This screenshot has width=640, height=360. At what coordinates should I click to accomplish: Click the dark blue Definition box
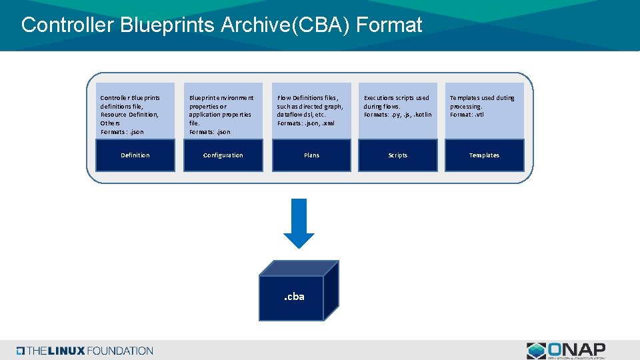[135, 155]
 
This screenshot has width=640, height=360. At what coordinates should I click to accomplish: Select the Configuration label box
[223, 155]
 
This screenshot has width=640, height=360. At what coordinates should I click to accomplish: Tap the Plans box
[311, 155]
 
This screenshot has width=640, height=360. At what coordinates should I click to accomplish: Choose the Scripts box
[398, 155]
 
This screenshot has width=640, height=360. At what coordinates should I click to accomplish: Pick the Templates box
[484, 155]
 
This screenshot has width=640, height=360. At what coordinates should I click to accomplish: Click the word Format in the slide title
[389, 25]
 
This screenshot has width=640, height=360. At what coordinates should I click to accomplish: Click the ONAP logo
[566, 351]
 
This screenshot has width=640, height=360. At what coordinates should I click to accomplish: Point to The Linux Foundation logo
[85, 351]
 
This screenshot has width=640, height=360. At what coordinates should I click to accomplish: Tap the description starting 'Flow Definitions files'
[310, 110]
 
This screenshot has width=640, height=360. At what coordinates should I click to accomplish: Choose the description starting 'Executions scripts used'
[397, 106]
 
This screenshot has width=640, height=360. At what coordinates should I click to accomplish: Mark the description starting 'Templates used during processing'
[482, 102]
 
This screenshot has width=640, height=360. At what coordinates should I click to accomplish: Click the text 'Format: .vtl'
[467, 115]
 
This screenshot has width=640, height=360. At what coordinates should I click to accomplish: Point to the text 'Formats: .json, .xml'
[306, 123]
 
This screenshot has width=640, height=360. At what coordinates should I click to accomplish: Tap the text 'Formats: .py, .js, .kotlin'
[397, 115]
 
